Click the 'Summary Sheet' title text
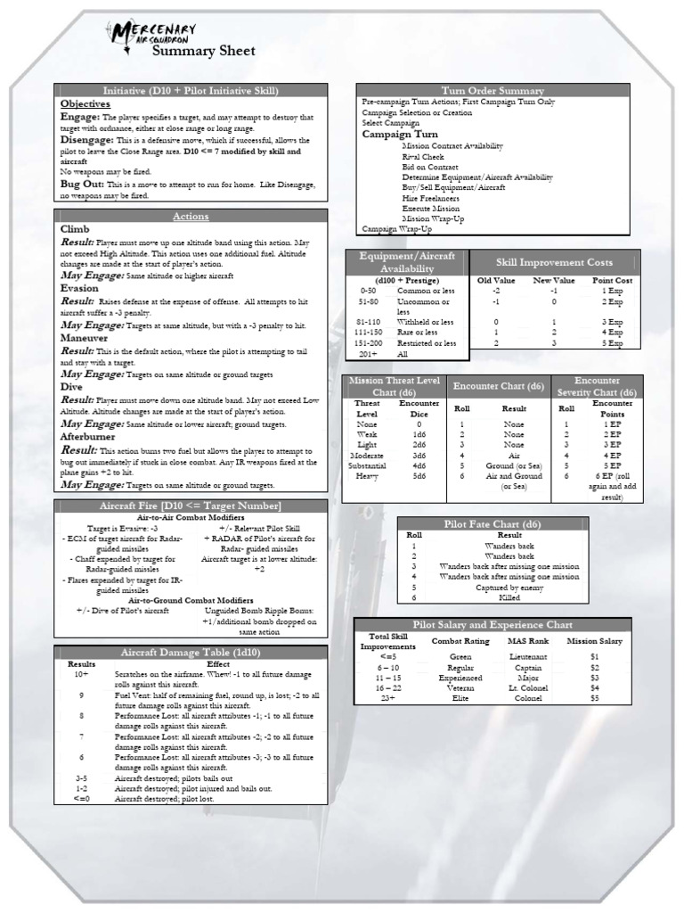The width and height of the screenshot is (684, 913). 203,52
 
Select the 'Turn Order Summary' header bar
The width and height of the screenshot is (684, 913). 493,91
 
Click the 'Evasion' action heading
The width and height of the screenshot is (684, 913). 79,289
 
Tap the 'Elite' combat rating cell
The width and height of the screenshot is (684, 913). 460,698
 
